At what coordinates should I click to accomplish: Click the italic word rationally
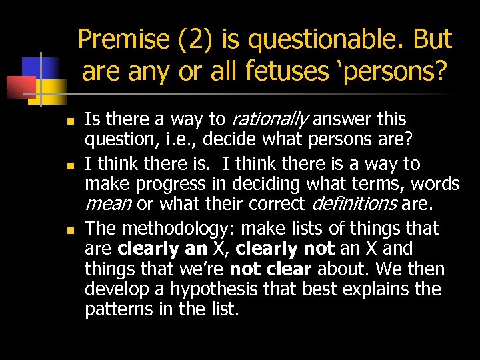pos(269,120)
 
